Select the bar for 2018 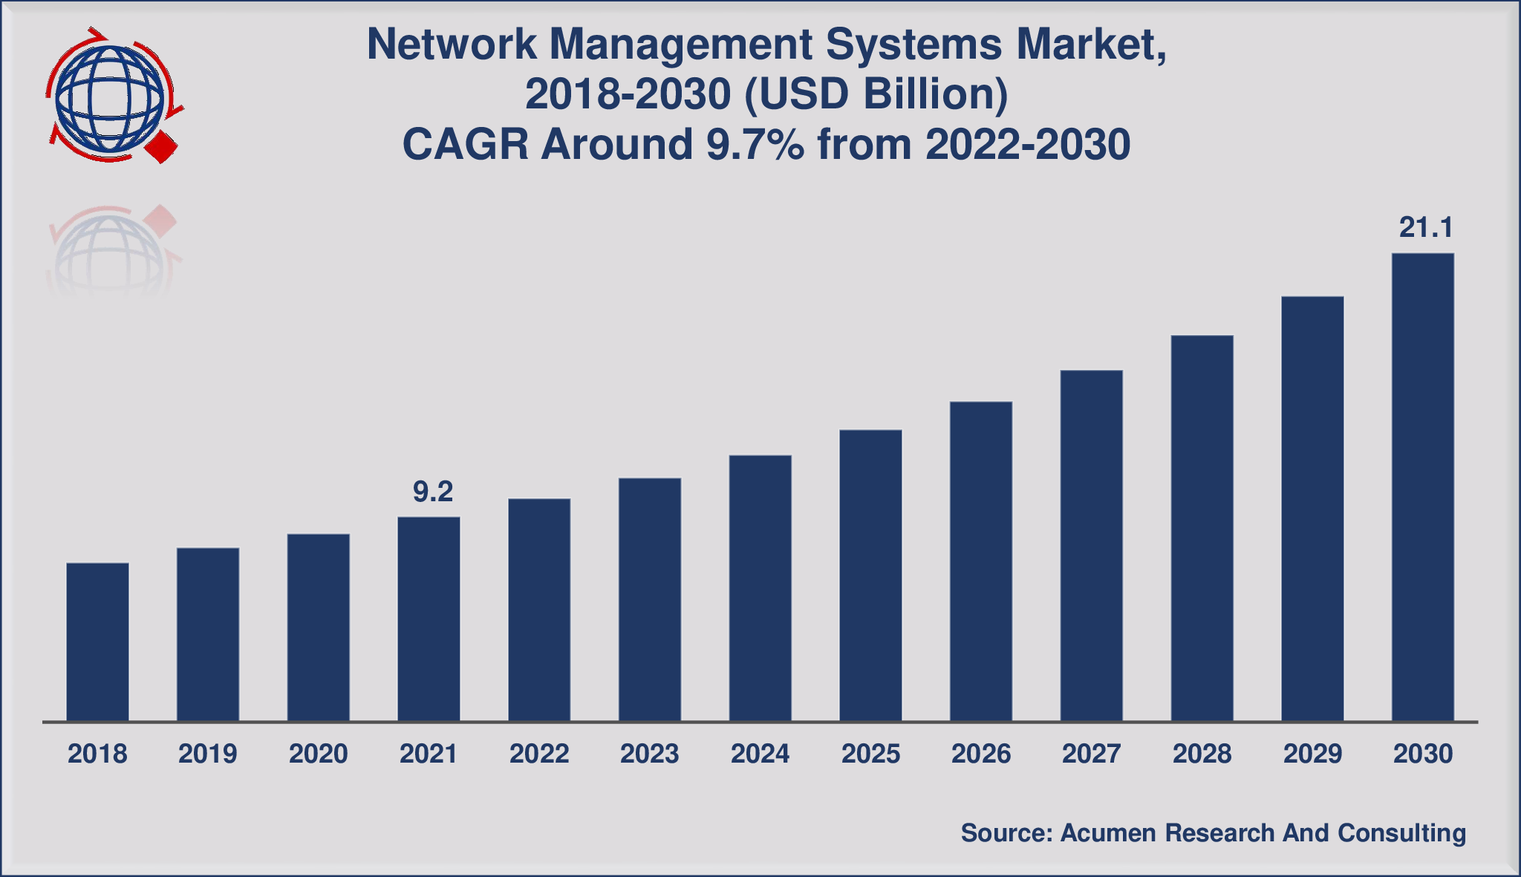pyautogui.click(x=97, y=642)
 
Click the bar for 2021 pyautogui.click(x=429, y=619)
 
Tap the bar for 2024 pyautogui.click(x=760, y=587)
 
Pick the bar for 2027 pyautogui.click(x=1091, y=545)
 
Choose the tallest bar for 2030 pyautogui.click(x=1422, y=486)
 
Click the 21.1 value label pyautogui.click(x=1425, y=228)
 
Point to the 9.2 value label pyautogui.click(x=432, y=492)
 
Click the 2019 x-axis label pyautogui.click(x=207, y=754)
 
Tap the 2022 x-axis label pyautogui.click(x=539, y=754)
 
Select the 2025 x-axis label pyautogui.click(x=870, y=754)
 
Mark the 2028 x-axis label pyautogui.click(x=1202, y=754)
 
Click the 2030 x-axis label pyautogui.click(x=1422, y=754)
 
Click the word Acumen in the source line pyautogui.click(x=1108, y=833)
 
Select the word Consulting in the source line pyautogui.click(x=1401, y=833)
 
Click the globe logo pyautogui.click(x=110, y=97)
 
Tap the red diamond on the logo pyautogui.click(x=162, y=147)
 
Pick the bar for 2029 pyautogui.click(x=1312, y=509)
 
